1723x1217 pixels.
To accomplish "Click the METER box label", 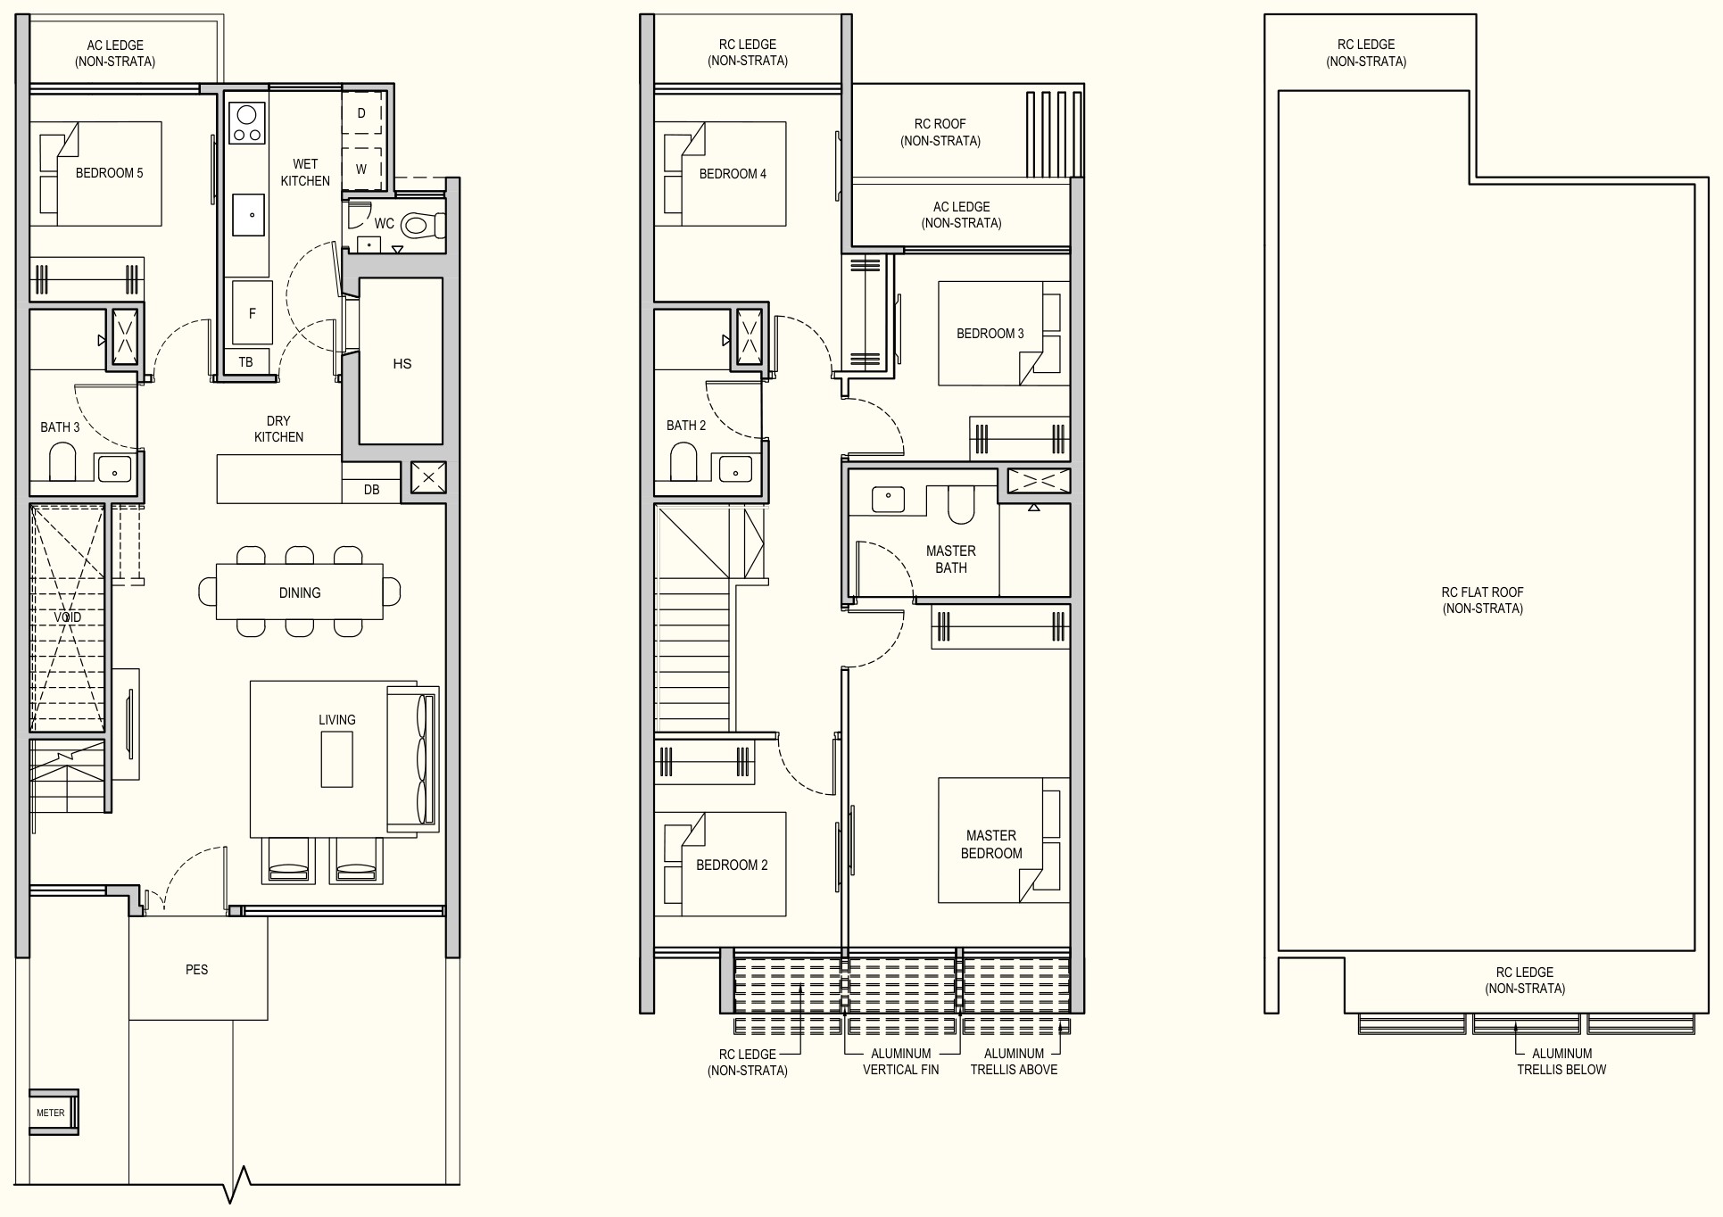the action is [x=51, y=1113].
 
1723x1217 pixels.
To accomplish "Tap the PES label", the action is [x=197, y=970].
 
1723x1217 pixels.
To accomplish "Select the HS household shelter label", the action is [x=402, y=364].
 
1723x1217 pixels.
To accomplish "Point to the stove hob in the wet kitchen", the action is [x=246, y=123].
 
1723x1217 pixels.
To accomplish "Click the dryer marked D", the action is [x=362, y=113].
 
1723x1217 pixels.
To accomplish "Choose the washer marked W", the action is [x=362, y=169].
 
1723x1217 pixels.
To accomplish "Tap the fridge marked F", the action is [x=252, y=312].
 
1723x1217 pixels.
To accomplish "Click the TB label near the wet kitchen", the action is [x=246, y=362].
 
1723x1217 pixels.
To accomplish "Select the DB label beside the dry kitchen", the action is [x=372, y=490].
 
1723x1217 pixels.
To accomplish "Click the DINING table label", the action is [x=300, y=592].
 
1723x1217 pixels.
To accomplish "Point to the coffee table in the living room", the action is [x=337, y=759].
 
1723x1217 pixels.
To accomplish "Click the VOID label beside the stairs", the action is [x=68, y=617].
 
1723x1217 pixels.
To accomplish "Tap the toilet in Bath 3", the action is [x=62, y=463].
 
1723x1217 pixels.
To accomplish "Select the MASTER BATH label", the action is [x=951, y=559].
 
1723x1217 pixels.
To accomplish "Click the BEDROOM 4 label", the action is [x=733, y=174].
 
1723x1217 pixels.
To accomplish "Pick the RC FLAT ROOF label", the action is [x=1483, y=600].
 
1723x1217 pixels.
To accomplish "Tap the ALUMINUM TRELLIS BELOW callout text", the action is [x=1561, y=1062].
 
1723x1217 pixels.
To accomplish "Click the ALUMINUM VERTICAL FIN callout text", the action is [x=901, y=1062].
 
